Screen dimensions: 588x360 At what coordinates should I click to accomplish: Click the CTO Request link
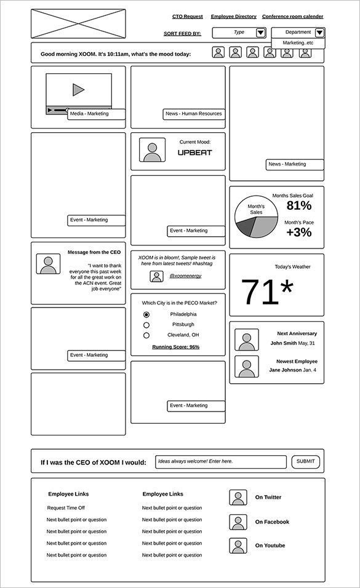[x=187, y=17]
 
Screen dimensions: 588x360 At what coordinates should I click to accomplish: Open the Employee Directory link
[x=233, y=17]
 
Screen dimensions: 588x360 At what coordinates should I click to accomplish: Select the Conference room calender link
[x=292, y=17]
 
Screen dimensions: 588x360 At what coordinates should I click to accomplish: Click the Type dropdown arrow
[x=260, y=33]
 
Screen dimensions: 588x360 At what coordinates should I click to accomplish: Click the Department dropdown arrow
[x=319, y=33]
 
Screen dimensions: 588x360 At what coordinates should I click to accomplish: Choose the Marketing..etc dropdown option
[x=298, y=43]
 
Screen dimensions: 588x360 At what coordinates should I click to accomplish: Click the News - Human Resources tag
[x=194, y=114]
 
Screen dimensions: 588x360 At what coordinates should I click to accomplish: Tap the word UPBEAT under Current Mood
[x=194, y=153]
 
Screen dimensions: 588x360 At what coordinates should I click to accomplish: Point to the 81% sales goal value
[x=299, y=205]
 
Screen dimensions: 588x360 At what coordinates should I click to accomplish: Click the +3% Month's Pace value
[x=299, y=232]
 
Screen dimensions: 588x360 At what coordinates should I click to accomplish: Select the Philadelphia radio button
[x=146, y=314]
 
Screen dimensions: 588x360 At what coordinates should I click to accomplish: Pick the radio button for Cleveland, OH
[x=146, y=335]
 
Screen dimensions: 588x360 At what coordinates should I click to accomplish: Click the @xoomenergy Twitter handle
[x=185, y=276]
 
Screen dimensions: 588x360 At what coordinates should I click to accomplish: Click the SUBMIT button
[x=305, y=461]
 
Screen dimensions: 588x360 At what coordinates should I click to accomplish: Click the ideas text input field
[x=220, y=461]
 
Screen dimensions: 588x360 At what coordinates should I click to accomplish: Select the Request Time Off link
[x=66, y=508]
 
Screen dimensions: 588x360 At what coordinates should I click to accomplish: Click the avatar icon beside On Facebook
[x=238, y=522]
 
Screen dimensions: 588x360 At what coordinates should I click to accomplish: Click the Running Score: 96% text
[x=176, y=347]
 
